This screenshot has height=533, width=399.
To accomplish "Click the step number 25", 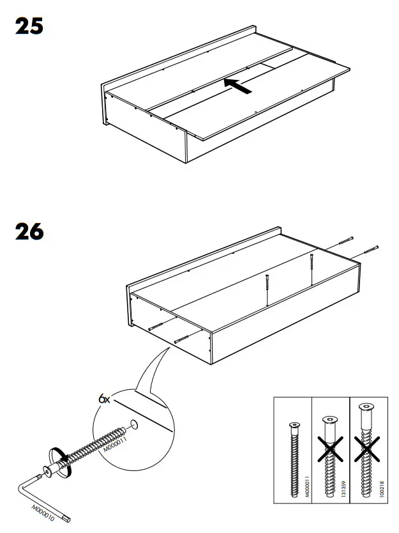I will (x=29, y=27).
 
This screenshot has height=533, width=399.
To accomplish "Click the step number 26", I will (x=29, y=231).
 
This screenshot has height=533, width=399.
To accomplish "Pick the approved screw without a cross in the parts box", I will (x=293, y=457).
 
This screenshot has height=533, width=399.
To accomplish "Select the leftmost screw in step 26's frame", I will (x=158, y=327).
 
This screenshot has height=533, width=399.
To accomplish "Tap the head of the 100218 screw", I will (x=365, y=410).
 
